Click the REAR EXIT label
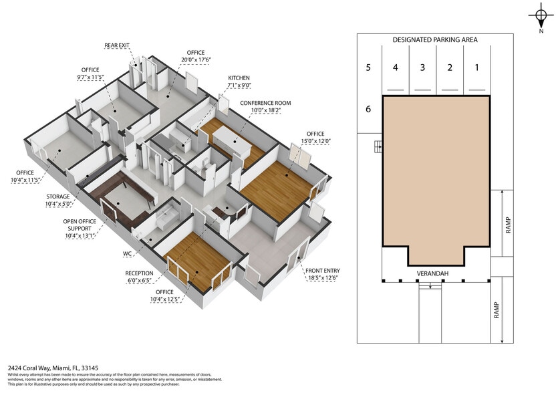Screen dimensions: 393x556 point(118,46)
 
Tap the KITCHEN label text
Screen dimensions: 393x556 point(239,78)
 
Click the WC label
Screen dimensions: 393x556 point(127,254)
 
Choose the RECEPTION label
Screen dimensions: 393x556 point(139,273)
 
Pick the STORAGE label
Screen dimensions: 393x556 point(61,197)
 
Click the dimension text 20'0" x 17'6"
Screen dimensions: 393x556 point(196,59)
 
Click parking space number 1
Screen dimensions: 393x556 point(476,67)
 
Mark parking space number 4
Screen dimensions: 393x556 point(395,67)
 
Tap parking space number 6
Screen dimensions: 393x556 point(368,109)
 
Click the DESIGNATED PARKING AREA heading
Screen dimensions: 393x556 point(435,40)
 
